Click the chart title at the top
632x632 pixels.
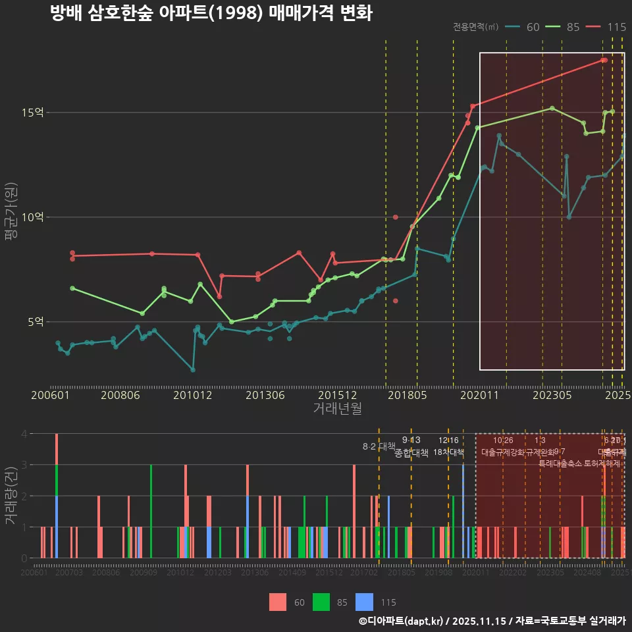click(211, 14)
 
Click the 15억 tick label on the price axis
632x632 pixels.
click(33, 113)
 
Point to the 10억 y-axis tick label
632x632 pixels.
click(33, 217)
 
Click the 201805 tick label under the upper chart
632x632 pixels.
click(407, 396)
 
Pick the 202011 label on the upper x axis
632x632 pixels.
click(479, 396)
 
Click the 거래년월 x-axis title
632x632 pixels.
click(337, 409)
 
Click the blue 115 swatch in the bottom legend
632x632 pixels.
click(364, 602)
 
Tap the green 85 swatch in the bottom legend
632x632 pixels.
click(321, 602)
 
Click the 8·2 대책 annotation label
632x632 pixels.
click(375, 446)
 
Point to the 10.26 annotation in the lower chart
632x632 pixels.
click(503, 440)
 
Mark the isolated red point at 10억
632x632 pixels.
click(395, 217)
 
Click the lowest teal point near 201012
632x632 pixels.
click(193, 370)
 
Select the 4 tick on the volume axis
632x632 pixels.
click(24, 434)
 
